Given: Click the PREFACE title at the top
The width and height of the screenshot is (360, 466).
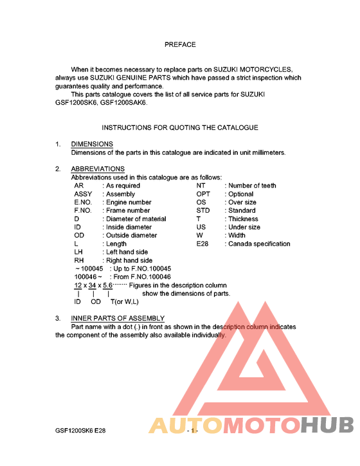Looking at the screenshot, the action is point(180,44).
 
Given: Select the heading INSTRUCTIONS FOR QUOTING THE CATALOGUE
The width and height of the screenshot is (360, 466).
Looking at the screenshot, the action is point(180,128).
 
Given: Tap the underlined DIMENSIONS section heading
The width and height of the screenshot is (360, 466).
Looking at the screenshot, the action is point(92,144).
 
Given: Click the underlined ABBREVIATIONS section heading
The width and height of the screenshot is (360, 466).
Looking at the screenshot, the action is point(98,169).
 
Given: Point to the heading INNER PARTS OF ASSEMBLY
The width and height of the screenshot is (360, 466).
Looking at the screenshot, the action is point(118,318).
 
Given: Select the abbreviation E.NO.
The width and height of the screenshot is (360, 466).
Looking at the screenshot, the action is point(85,202).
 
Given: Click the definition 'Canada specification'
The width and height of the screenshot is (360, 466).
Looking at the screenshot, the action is point(259,244).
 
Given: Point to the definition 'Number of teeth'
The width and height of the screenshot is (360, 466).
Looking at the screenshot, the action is point(252,186).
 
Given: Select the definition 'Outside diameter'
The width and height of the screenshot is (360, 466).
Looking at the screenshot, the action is point(131,236).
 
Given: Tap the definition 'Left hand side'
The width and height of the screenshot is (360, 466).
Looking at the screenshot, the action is point(127,253).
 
